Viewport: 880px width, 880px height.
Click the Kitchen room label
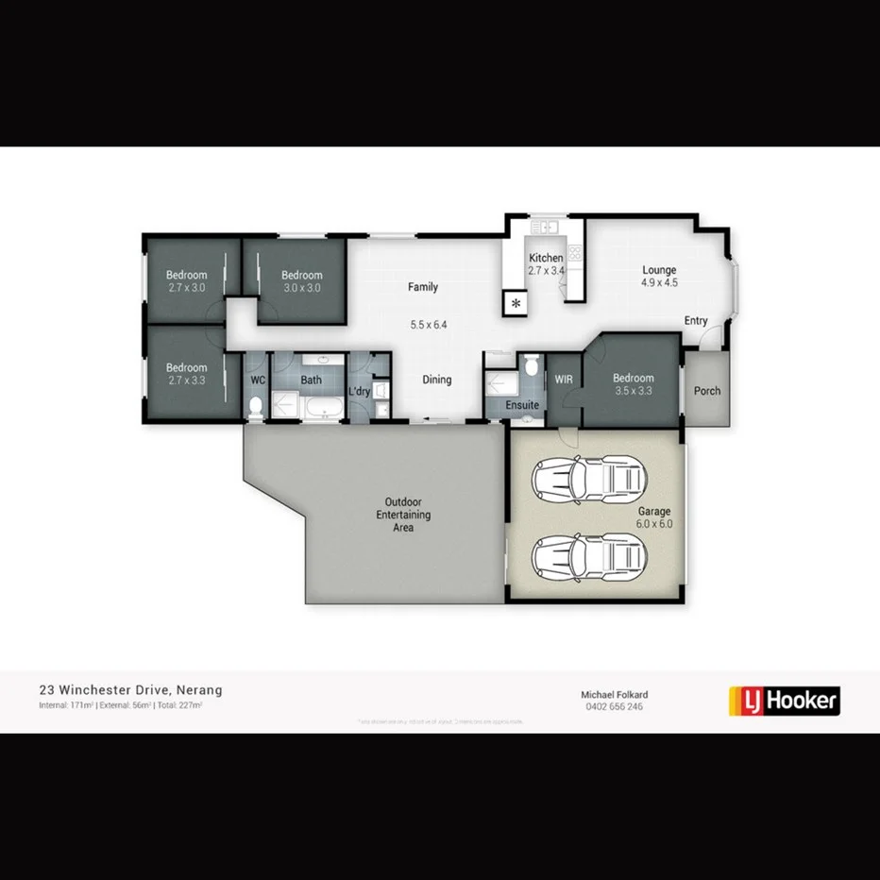coord(546,258)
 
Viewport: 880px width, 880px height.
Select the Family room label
coord(422,287)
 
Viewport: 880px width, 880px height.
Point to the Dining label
coord(436,380)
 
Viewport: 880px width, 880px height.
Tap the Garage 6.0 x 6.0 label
coord(653,517)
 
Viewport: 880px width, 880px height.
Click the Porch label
coord(706,391)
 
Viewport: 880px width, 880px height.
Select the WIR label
coord(564,380)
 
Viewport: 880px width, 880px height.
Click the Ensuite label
coord(521,405)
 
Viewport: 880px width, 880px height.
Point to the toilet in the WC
coord(256,407)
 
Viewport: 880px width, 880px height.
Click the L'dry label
coord(359,392)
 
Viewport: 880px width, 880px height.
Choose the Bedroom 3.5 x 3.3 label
coord(632,384)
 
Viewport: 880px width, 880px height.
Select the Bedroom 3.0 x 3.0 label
coord(301,281)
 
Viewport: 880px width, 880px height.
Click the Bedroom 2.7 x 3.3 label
coord(186,374)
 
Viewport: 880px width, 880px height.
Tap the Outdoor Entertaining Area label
coord(403,515)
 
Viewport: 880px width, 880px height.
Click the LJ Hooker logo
coord(785,701)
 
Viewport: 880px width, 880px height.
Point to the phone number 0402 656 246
coord(614,706)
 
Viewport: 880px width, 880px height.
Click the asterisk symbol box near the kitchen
coord(516,303)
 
